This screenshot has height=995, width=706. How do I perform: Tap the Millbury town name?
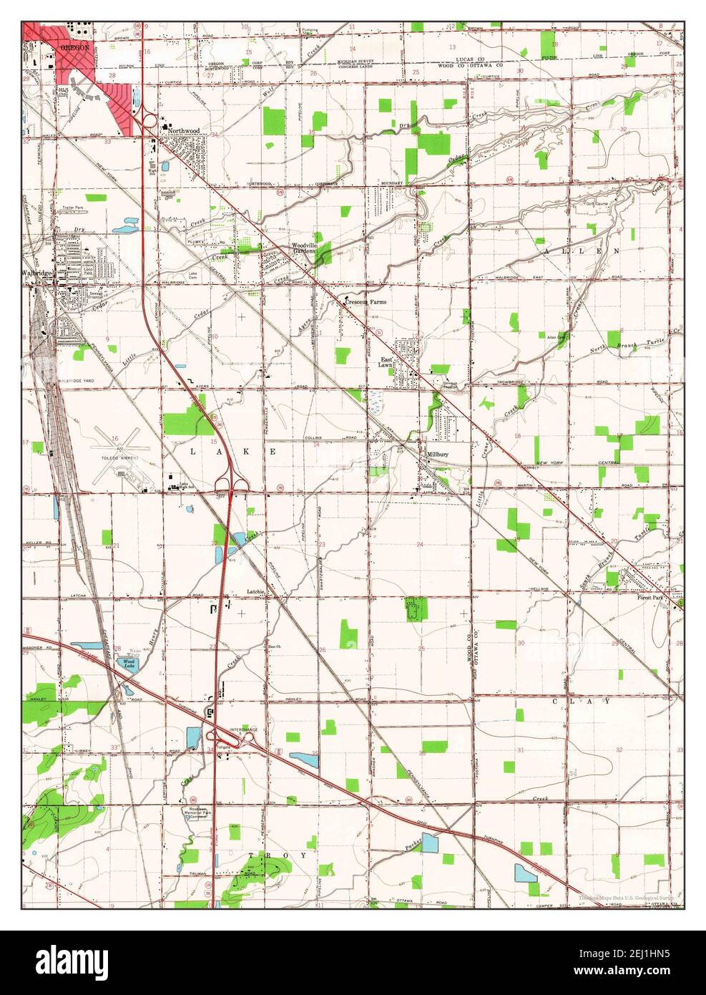437,455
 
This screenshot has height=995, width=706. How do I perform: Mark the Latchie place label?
256,591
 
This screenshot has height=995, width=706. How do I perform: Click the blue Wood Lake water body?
129,662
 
